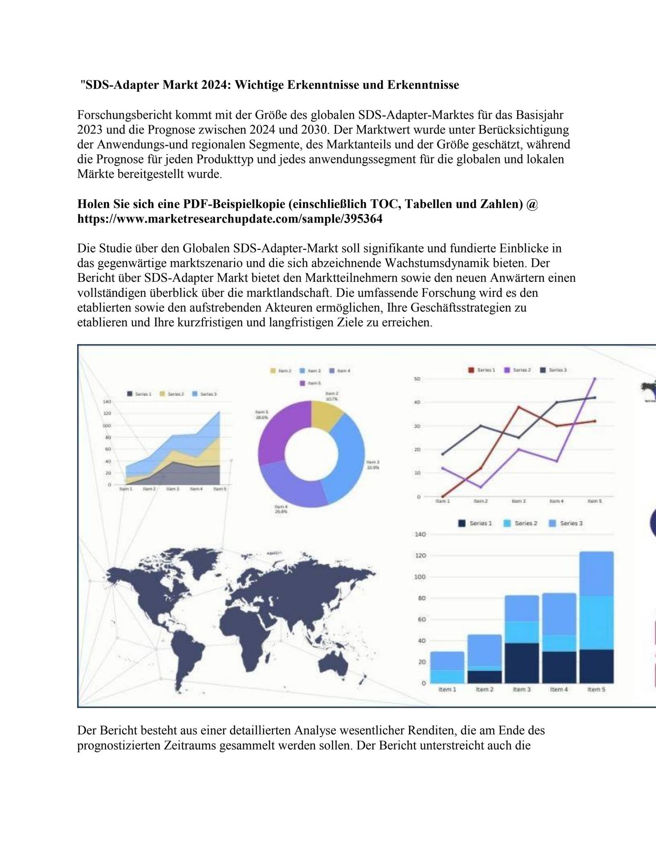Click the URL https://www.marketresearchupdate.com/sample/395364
pos(230,219)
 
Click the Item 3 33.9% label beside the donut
pos(373,465)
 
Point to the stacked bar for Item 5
pos(596,617)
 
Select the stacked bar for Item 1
pos(447,667)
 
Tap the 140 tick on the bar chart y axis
pos(420,534)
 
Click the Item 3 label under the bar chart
pos(522,689)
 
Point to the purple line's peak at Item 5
pos(595,378)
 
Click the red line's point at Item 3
pos(518,407)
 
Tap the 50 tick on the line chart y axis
pos(417,379)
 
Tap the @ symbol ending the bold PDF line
pos(532,204)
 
